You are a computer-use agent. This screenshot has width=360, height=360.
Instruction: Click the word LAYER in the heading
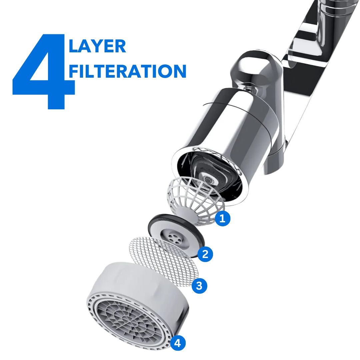tap(97, 46)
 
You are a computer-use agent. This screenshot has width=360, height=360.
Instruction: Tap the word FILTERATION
tap(127, 71)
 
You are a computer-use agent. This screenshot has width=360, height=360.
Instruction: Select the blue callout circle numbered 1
tap(222, 218)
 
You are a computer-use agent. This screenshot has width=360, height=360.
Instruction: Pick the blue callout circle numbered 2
tap(205, 254)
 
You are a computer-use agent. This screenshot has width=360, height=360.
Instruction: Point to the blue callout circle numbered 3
tap(199, 286)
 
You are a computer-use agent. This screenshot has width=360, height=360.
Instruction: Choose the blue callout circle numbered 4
tap(178, 343)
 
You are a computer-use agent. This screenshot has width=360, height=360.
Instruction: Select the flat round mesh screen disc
tap(164, 261)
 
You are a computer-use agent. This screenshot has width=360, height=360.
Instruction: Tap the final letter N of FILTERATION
tap(179, 71)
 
